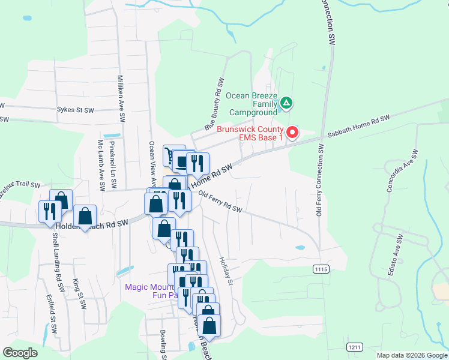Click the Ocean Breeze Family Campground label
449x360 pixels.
(x=253, y=104)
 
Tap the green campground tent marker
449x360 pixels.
(x=287, y=103)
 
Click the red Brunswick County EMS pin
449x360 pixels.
(x=292, y=132)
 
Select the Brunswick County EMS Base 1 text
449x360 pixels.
(x=249, y=133)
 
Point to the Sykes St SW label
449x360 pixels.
(x=76, y=110)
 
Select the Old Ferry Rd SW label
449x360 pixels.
(x=220, y=202)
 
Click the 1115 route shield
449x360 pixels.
(x=321, y=269)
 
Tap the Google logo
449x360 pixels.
(x=20, y=353)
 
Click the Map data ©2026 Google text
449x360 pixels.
(x=411, y=355)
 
